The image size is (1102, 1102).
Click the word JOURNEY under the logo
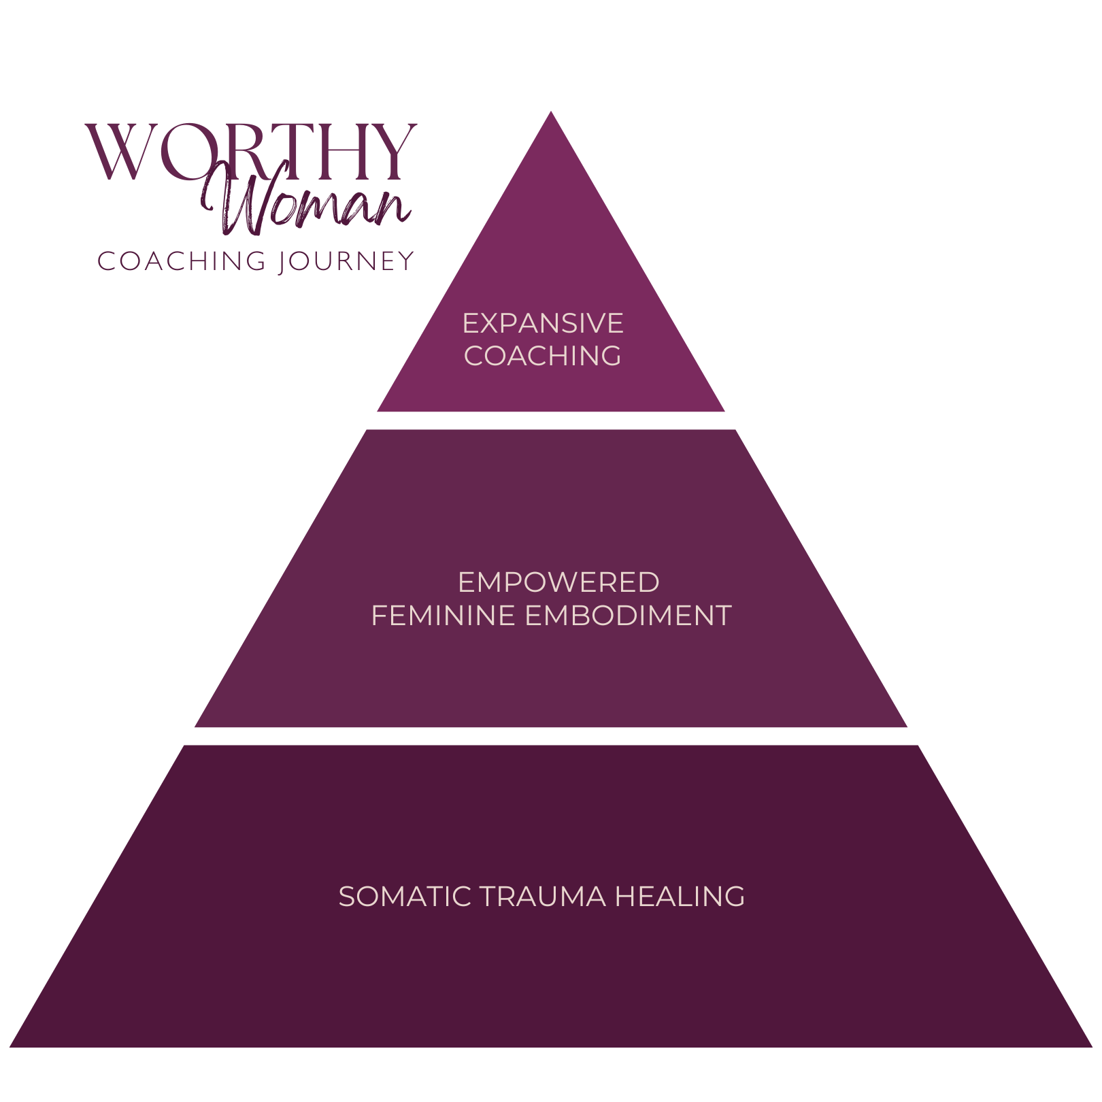(x=346, y=262)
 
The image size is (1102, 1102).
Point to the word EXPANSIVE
(x=543, y=324)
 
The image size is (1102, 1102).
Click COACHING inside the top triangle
(x=543, y=356)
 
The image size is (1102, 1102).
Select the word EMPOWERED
(x=558, y=582)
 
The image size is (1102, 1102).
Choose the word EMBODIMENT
(x=629, y=616)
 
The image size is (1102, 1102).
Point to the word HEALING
(x=680, y=897)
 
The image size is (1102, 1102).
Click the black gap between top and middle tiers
(x=551, y=420)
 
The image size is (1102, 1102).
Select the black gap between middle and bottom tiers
(x=551, y=736)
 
